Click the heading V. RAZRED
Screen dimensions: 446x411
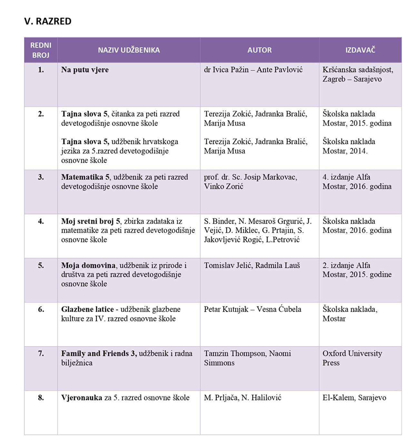click(x=48, y=21)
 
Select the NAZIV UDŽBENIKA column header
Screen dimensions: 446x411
click(x=129, y=50)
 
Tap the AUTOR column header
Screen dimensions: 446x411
click(x=259, y=50)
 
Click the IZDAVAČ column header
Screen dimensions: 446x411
click(x=360, y=50)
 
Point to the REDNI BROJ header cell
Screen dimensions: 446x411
click(x=41, y=50)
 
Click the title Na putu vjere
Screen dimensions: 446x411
click(x=85, y=70)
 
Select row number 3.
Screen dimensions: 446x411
click(x=41, y=177)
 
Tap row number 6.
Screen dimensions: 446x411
click(x=41, y=309)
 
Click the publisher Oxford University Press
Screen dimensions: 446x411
click(x=352, y=358)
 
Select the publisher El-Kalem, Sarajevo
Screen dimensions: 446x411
click(x=354, y=398)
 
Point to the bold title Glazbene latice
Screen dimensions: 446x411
click(x=87, y=309)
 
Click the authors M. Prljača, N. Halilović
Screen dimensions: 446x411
click(x=242, y=398)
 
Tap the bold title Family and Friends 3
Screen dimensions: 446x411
click(x=99, y=353)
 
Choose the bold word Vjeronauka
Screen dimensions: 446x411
click(x=82, y=398)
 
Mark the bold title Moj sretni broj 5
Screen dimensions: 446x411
click(x=91, y=221)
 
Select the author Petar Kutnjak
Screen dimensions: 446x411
click(x=226, y=309)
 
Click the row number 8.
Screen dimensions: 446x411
click(x=41, y=398)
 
